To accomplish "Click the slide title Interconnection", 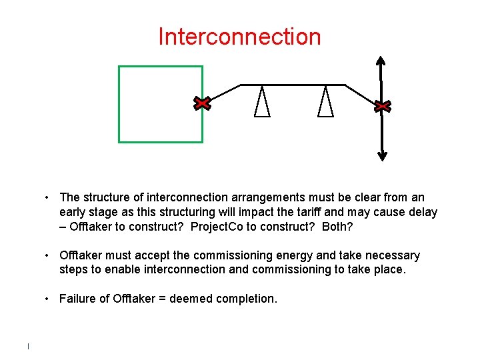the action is (x=239, y=37).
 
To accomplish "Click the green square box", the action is (x=161, y=104).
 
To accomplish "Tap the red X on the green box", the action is (x=202, y=103).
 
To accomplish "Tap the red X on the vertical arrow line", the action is (x=382, y=106).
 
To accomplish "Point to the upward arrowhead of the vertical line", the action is (x=381, y=60).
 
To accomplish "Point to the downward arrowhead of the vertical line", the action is (x=382, y=156).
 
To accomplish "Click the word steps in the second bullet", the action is (x=74, y=270).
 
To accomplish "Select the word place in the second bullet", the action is (x=387, y=270).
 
